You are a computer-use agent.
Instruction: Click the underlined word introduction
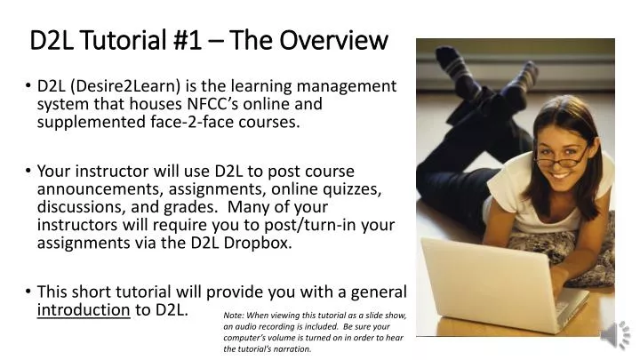coord(84,309)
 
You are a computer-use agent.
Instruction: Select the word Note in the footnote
coord(233,315)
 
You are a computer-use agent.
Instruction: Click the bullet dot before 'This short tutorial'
coord(29,292)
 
